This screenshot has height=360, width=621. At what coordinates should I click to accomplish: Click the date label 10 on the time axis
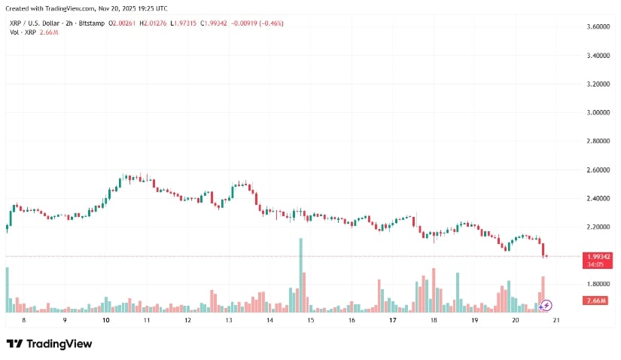105,320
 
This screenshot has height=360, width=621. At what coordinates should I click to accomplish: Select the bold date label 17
393,320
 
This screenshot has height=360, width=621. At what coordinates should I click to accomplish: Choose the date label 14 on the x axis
269,320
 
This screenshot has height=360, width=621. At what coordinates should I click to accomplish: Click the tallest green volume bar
300,275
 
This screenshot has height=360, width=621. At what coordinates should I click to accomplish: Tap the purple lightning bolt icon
546,305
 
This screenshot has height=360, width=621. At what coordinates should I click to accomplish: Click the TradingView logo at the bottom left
49,344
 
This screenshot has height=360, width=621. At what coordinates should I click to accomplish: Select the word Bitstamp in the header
90,24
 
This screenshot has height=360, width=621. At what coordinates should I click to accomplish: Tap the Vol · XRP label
23,33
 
